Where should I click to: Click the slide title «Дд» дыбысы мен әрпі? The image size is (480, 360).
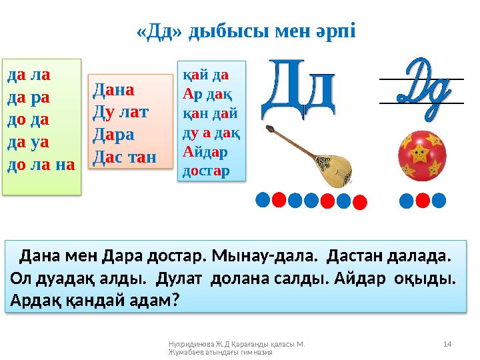coord(246,31)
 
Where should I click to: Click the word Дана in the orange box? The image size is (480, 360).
coord(115,89)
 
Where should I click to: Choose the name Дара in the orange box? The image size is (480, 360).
coord(115,135)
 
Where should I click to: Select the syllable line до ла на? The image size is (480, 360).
coord(41,162)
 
